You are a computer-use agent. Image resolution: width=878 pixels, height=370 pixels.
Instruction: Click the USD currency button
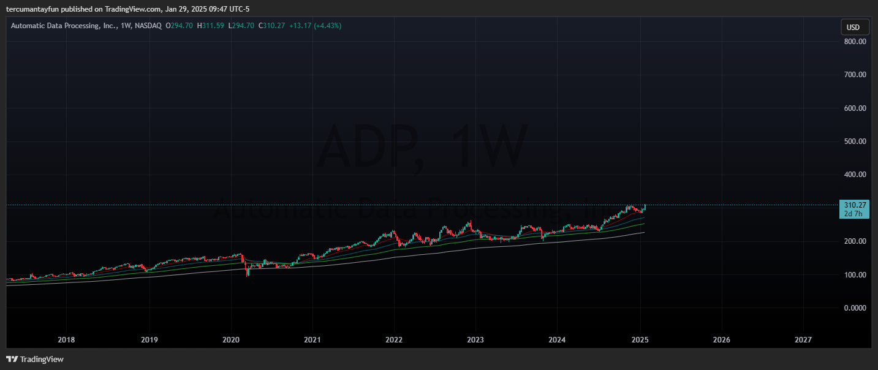853,28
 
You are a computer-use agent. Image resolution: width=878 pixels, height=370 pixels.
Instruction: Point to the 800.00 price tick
854,42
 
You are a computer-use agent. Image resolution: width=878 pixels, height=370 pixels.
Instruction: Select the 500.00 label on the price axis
854,142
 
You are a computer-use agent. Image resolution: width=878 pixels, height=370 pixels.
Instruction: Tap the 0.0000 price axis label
854,308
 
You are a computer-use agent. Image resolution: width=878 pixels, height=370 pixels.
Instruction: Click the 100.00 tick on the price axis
854,274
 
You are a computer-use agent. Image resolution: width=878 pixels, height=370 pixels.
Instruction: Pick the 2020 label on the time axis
230,339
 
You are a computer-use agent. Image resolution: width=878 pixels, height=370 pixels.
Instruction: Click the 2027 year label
803,339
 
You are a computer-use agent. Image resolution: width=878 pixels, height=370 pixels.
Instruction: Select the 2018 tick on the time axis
66,339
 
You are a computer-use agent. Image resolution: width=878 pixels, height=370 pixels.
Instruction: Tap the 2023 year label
475,339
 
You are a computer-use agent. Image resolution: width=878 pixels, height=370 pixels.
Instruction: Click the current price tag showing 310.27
854,205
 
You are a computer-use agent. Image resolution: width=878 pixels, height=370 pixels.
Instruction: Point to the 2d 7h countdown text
854,214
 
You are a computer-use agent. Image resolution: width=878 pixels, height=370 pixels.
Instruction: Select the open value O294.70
179,26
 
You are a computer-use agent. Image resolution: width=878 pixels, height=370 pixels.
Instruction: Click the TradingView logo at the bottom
35,360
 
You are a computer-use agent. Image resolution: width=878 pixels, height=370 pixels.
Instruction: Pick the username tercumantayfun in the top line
31,9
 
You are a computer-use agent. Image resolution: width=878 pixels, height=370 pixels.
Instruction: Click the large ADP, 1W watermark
423,147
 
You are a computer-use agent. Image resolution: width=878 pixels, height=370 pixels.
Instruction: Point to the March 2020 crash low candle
248,274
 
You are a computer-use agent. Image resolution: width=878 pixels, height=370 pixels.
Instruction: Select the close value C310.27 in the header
271,26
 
